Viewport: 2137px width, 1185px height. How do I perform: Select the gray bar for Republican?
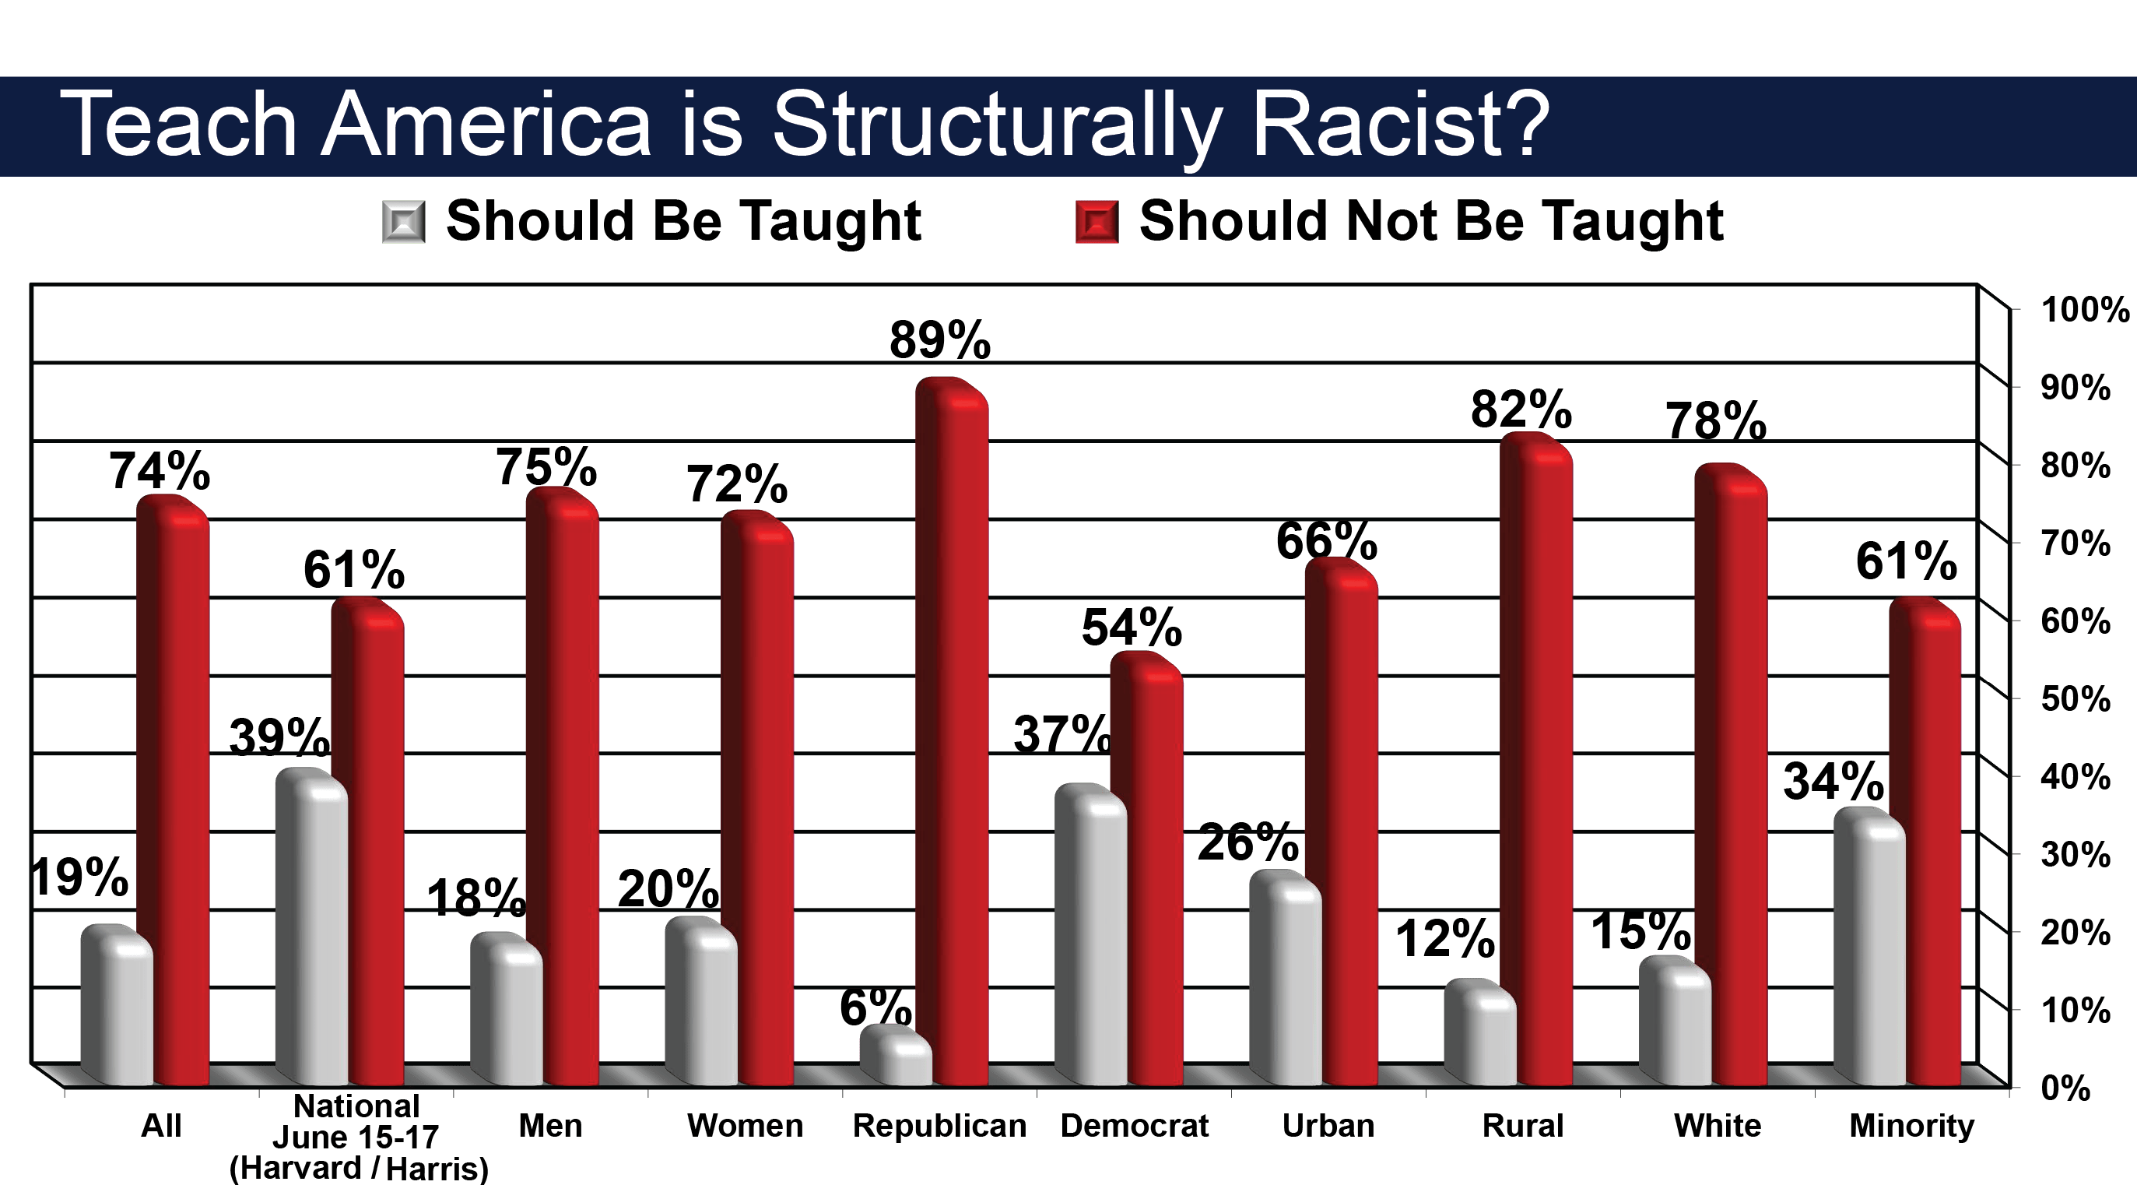[x=896, y=1056]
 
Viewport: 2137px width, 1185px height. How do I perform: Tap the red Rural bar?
[x=1536, y=759]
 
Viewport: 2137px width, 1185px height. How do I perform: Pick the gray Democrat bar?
[x=1091, y=934]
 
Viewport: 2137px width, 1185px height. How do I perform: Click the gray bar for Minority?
[x=1870, y=947]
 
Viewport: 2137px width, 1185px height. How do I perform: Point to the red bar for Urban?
[x=1342, y=822]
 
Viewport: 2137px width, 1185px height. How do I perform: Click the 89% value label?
[x=940, y=340]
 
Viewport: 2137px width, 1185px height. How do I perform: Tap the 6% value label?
[x=876, y=1007]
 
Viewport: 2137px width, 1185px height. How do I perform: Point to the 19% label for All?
[x=79, y=877]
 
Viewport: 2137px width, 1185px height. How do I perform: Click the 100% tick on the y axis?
[x=2085, y=310]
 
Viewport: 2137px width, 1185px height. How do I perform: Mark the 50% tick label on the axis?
[x=2076, y=698]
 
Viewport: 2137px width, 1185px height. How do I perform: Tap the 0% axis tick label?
[x=2065, y=1088]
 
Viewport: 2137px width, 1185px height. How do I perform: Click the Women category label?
[x=745, y=1126]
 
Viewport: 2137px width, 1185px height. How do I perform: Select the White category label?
[x=1718, y=1126]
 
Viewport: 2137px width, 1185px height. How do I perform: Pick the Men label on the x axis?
[x=550, y=1126]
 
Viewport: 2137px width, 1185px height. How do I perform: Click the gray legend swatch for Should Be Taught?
[x=404, y=222]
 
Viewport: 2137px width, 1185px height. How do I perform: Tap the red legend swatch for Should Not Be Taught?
[x=1097, y=222]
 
